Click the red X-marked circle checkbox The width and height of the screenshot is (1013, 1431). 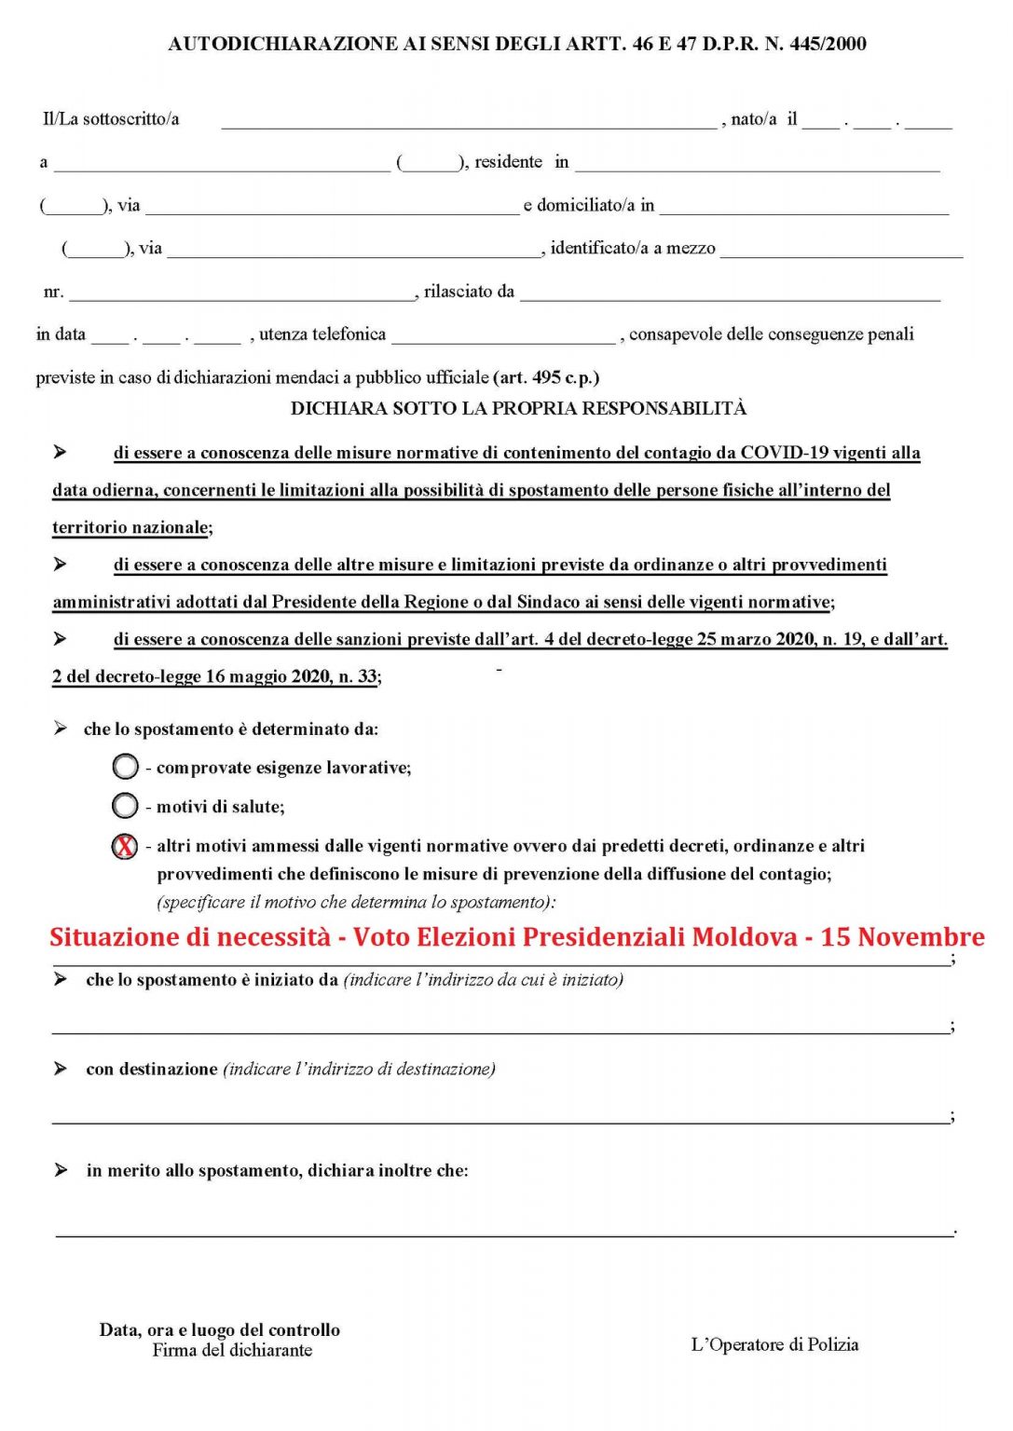tap(125, 846)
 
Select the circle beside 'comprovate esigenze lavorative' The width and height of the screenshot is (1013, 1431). tap(125, 767)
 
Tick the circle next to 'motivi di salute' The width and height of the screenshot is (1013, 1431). tap(125, 806)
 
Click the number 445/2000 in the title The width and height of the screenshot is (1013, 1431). tap(828, 44)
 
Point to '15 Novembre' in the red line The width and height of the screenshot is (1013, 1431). tap(902, 936)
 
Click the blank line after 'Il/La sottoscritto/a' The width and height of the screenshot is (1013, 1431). tap(469, 121)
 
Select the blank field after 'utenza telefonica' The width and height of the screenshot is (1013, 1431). tap(503, 336)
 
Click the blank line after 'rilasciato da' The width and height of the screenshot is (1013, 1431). tap(730, 293)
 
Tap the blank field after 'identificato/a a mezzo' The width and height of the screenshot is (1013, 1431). tap(841, 251)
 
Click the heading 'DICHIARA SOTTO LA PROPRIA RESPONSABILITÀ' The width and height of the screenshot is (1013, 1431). tap(518, 408)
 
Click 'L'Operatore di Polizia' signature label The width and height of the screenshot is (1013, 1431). tap(774, 1344)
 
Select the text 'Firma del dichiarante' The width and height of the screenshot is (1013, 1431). tap(232, 1350)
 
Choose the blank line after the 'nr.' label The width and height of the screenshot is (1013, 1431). tap(242, 293)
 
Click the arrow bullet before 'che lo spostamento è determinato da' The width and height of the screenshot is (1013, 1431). tap(61, 729)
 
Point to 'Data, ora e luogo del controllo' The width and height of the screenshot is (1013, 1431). tap(220, 1329)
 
